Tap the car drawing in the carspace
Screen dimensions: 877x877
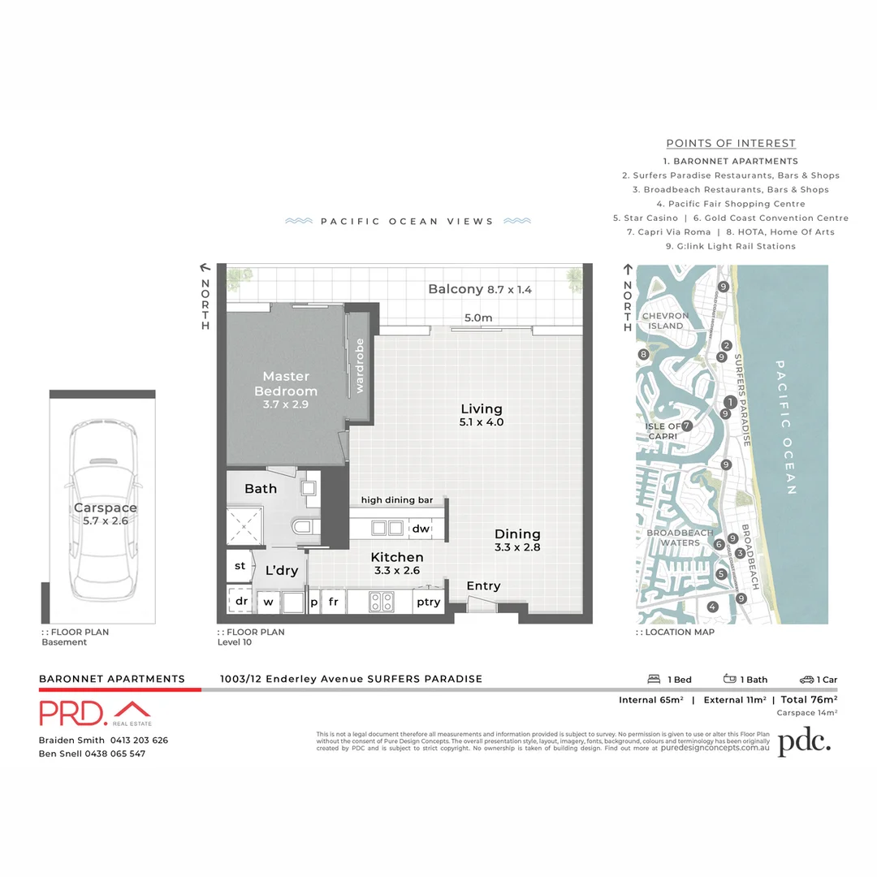[x=102, y=508]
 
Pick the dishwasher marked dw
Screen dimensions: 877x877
[x=420, y=529]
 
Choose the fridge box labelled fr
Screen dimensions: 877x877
[x=333, y=602]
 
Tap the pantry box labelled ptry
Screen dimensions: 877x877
[x=428, y=602]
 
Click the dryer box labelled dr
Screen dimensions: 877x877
[x=241, y=602]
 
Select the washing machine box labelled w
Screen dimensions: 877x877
[x=269, y=603]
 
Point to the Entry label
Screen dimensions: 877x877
[x=483, y=585]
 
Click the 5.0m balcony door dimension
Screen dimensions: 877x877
[x=478, y=318]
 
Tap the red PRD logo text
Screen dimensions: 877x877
[x=72, y=713]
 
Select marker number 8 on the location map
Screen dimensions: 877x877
[x=643, y=354]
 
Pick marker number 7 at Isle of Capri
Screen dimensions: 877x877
[x=687, y=426]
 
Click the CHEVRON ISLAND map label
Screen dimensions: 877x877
[x=665, y=321]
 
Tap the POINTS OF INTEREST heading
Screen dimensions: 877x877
[x=731, y=144]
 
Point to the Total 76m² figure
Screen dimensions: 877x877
[x=809, y=699]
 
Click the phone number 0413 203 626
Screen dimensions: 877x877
[x=140, y=740]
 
